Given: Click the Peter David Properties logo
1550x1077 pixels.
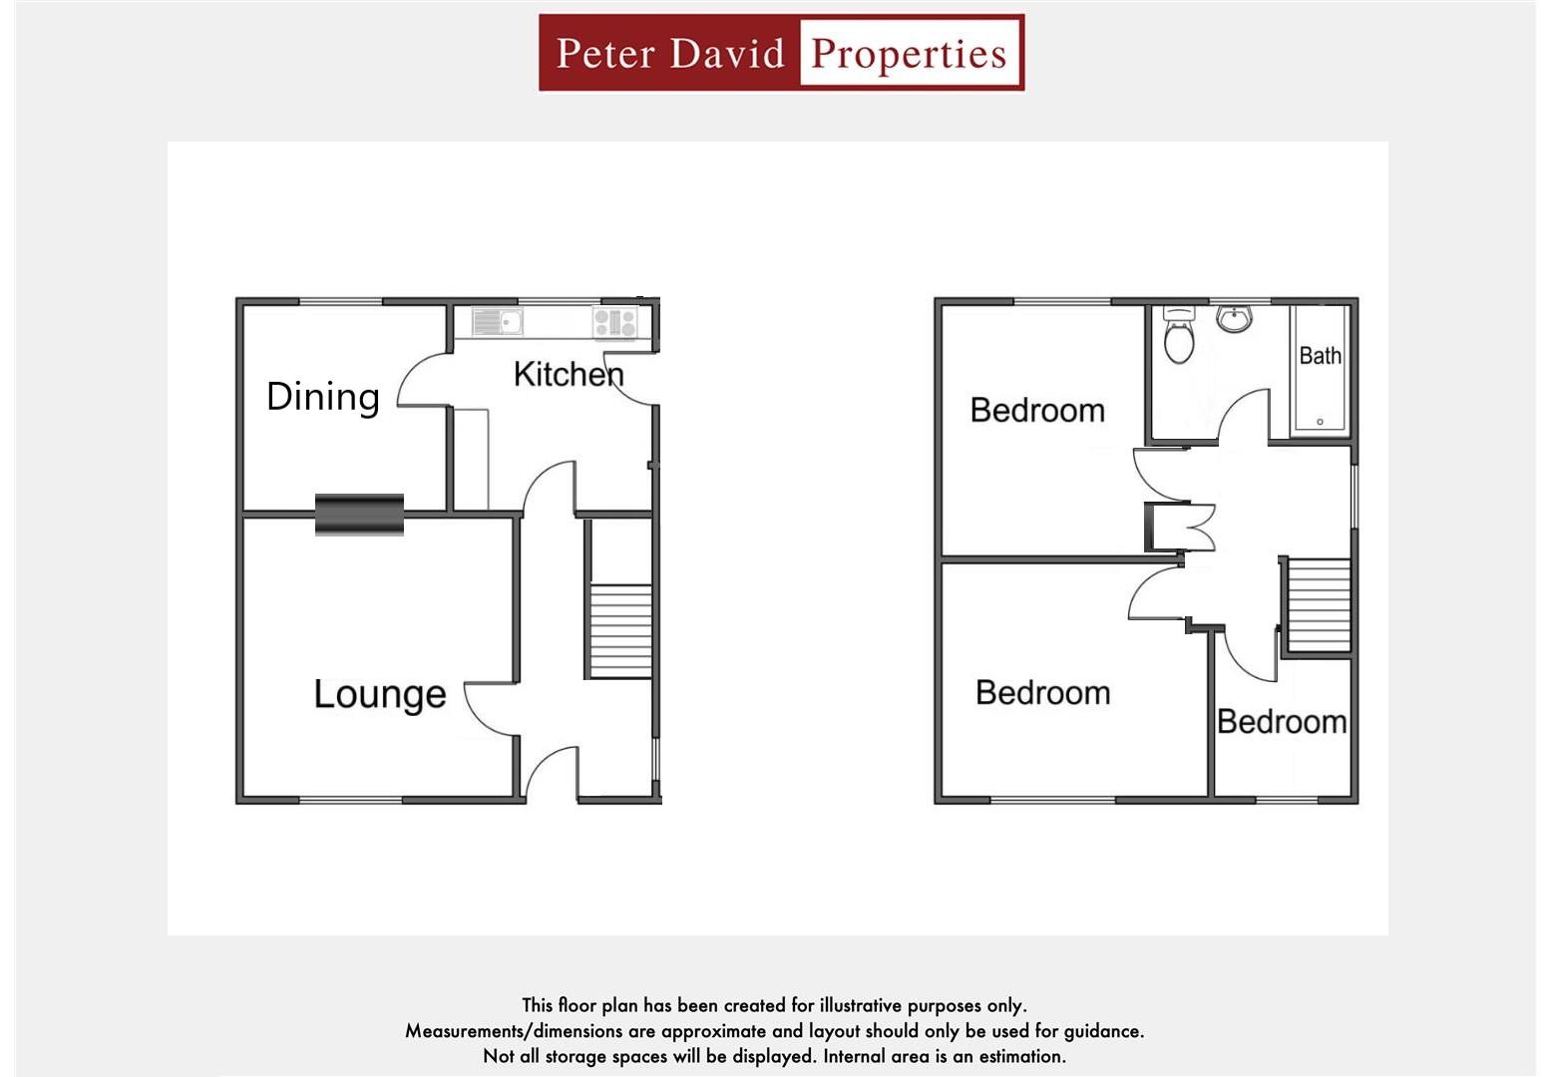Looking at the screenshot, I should pos(781,53).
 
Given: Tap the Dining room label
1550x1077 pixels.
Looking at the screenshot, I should pos(322,396).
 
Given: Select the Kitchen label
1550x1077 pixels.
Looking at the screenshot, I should pos(569,374).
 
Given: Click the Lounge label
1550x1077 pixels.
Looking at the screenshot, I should pos(379,694).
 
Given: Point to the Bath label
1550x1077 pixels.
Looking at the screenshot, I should pos(1320,356).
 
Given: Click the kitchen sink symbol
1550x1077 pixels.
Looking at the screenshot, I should pos(497,322).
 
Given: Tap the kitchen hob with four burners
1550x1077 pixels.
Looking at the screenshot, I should pos(614,322).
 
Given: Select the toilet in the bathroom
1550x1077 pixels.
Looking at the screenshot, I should pos(1179,336).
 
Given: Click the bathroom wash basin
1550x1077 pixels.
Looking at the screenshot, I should pos(1234,318).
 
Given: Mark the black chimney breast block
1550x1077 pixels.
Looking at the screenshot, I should pos(359,515).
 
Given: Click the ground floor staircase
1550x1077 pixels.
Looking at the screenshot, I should pos(620,630).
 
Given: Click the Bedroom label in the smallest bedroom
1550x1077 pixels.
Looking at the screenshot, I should pos(1282,721).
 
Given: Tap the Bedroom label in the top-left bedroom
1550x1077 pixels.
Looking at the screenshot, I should pos(1037,410).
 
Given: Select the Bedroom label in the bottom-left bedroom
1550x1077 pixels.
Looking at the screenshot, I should pos(1042,692).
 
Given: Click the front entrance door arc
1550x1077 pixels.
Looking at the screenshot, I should pos(549,773).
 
